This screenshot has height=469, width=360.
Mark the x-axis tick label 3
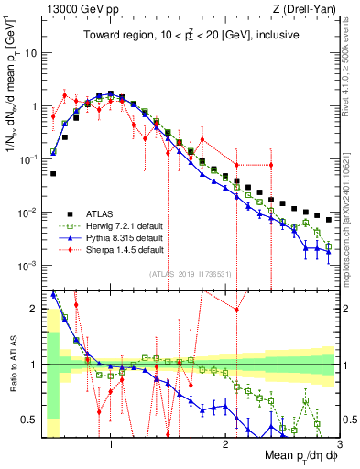(x=340, y=445)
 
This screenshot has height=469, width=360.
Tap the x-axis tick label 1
(x=111, y=445)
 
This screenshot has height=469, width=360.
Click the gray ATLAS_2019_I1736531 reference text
(x=190, y=273)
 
